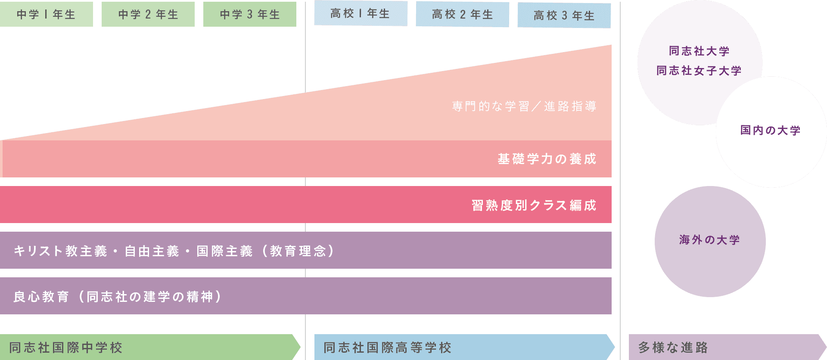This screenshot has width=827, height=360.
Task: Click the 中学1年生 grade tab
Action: click(x=46, y=15)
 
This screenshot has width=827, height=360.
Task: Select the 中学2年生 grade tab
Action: click(x=148, y=15)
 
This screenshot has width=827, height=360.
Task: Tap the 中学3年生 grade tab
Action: click(x=249, y=15)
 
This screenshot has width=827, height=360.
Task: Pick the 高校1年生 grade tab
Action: click(x=360, y=14)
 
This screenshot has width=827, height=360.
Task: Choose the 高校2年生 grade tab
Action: click(x=462, y=15)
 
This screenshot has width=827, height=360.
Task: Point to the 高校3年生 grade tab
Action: click(x=564, y=16)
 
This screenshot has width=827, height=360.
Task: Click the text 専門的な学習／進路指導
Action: click(x=524, y=106)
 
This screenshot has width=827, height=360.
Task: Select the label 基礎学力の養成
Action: click(x=547, y=159)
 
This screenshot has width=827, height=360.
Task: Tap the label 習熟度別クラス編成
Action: click(x=534, y=205)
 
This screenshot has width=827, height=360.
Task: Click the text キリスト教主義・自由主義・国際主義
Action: click(x=133, y=251)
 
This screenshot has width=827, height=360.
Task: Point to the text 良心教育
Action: click(x=41, y=297)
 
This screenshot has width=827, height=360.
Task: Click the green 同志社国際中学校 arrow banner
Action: click(x=146, y=347)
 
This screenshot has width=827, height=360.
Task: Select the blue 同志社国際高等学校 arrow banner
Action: click(x=461, y=347)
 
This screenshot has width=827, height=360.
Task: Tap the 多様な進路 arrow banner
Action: click(x=724, y=347)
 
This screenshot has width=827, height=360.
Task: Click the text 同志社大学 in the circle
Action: click(x=699, y=51)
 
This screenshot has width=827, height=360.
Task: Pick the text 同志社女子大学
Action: click(x=699, y=71)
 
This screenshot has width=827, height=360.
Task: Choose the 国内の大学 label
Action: click(x=770, y=130)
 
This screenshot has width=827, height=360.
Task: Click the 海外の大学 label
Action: click(x=709, y=240)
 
